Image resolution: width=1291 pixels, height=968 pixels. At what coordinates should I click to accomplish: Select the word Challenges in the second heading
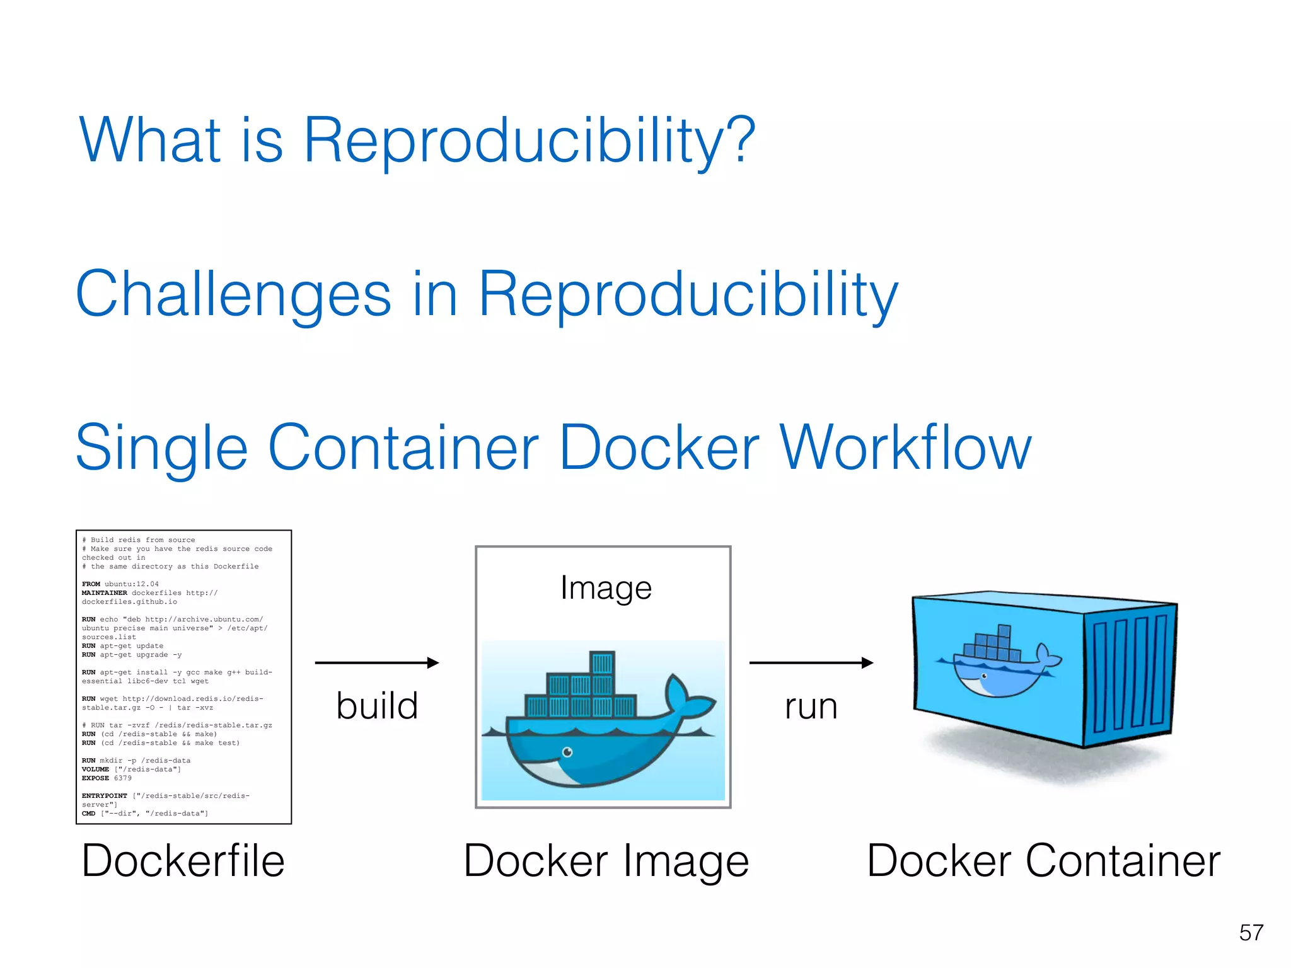pos(233,294)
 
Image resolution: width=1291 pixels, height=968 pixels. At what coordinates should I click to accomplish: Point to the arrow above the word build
pos(376,662)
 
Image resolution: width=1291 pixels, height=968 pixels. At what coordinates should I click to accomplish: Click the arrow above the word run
pos(811,662)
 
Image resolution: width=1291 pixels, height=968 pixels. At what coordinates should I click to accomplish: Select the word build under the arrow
pos(377,706)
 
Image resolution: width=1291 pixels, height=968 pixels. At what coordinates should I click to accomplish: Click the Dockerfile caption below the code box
pos(183,861)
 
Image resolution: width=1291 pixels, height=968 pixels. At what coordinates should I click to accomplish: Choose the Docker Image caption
pos(606,861)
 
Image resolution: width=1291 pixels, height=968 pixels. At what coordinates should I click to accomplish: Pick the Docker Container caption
pos(1043,861)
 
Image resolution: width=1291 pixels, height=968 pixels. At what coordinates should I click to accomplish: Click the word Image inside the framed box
pos(606,588)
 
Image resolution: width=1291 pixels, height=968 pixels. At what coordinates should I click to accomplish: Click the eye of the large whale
pos(567,752)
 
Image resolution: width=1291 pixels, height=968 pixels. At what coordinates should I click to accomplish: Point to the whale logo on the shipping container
pos(996,662)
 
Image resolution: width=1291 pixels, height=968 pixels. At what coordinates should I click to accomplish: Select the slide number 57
pos(1251,933)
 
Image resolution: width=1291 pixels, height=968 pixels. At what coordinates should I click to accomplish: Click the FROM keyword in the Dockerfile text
pos(91,584)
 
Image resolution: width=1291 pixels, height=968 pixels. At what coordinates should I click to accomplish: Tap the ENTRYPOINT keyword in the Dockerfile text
pos(105,796)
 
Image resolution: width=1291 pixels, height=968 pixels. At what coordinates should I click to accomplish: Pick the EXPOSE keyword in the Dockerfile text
pos(95,778)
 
